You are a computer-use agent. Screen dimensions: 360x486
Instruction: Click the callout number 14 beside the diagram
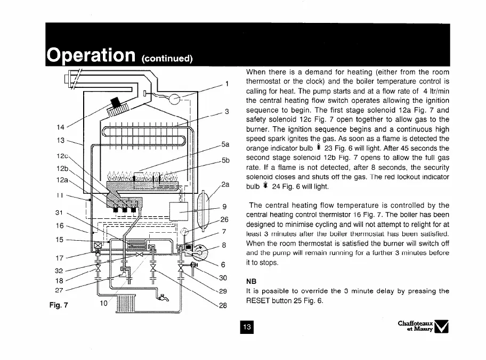[61, 127]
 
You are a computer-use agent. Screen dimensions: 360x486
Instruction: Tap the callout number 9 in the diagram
[225, 207]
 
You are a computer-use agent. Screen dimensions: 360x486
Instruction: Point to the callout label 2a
[225, 185]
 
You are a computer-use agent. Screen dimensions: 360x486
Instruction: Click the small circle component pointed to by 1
[174, 99]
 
